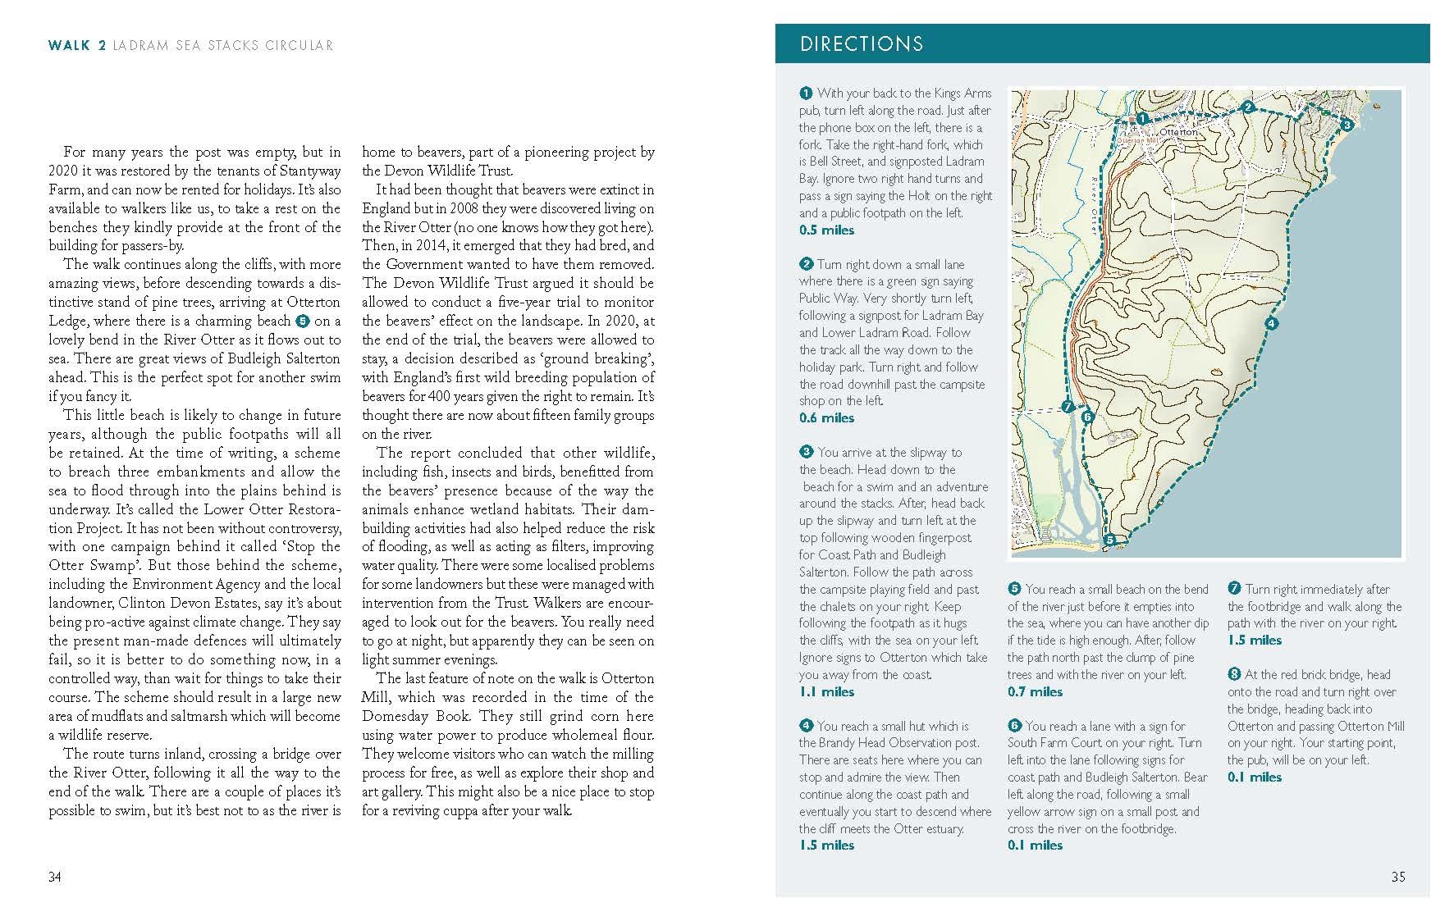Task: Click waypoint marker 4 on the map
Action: click(x=1271, y=324)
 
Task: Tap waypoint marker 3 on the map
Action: click(x=1346, y=125)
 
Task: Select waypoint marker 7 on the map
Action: click(x=1068, y=406)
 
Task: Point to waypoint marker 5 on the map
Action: click(x=1109, y=540)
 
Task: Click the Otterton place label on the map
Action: click(x=1178, y=131)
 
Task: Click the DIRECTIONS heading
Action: click(x=861, y=44)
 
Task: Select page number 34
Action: click(x=54, y=877)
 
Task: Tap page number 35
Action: click(x=1397, y=877)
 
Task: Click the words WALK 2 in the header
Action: click(x=77, y=46)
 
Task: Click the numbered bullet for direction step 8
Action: click(x=1234, y=674)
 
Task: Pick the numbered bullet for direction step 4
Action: click(x=806, y=726)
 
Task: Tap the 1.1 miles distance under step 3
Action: click(x=826, y=692)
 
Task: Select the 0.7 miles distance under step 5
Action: click(x=1035, y=692)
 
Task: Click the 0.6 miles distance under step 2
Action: click(x=826, y=418)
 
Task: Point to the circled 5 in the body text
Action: click(x=302, y=321)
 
